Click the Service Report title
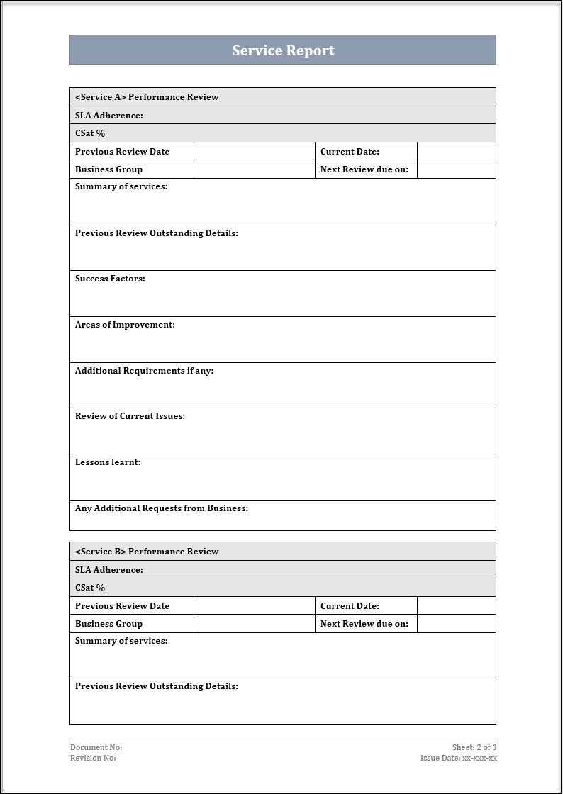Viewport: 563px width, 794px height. click(x=283, y=50)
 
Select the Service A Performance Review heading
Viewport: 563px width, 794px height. click(x=147, y=97)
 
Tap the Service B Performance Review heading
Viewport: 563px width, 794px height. click(x=147, y=552)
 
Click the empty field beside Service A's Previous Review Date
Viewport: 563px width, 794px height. click(x=254, y=151)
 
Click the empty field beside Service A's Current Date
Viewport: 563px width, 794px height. click(x=456, y=151)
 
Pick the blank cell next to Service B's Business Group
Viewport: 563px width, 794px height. click(x=254, y=624)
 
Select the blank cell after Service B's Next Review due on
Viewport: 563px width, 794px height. click(x=456, y=624)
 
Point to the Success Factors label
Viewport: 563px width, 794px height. click(x=110, y=279)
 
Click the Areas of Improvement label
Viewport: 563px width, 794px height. click(x=125, y=325)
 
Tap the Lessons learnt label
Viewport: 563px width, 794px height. click(x=108, y=462)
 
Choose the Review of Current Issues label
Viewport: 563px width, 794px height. click(x=130, y=416)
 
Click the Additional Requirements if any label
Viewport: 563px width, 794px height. click(x=144, y=371)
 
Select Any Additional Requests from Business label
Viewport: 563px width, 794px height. click(x=162, y=508)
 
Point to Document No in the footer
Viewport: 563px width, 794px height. click(x=96, y=747)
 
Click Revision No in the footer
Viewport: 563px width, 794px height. click(x=93, y=758)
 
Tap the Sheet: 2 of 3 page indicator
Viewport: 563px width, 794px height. click(x=474, y=747)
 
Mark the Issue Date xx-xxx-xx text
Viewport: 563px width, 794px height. click(x=459, y=758)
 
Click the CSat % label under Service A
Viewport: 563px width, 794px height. click(x=90, y=133)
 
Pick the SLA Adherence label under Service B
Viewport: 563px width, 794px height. click(x=109, y=570)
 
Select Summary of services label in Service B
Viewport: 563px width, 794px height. click(x=121, y=641)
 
